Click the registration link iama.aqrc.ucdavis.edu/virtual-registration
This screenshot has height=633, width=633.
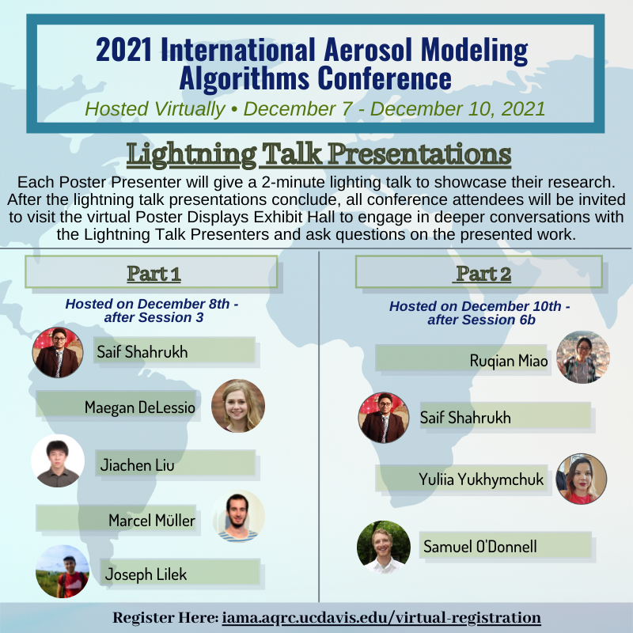pos(381,618)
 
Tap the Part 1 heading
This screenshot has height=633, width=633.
pos(154,274)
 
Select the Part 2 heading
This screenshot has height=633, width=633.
pos(483,274)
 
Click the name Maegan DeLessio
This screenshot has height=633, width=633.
pos(140,407)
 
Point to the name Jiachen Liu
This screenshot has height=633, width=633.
pos(137,465)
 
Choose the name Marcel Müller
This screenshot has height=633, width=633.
pos(152,521)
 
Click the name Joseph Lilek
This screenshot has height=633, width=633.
pos(146,574)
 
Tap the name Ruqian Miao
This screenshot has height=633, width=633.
pos(509,361)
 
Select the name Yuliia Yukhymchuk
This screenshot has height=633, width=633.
pos(481,479)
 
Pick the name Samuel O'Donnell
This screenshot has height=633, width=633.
pos(480,547)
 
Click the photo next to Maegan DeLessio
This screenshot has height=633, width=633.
pos(238,406)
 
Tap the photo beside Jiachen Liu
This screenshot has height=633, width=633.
pos(58,461)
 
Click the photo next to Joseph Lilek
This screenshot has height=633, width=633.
pos(63,571)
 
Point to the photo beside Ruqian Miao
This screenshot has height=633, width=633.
pos(583,357)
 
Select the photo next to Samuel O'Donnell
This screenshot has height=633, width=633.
pos(384,547)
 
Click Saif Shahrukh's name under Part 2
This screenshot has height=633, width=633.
pos(465,418)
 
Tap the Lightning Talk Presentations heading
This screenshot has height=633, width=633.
pos(319,154)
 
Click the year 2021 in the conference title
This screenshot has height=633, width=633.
pos(124,50)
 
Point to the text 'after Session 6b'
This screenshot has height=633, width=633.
pos(481,320)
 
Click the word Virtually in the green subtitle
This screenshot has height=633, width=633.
pos(190,109)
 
